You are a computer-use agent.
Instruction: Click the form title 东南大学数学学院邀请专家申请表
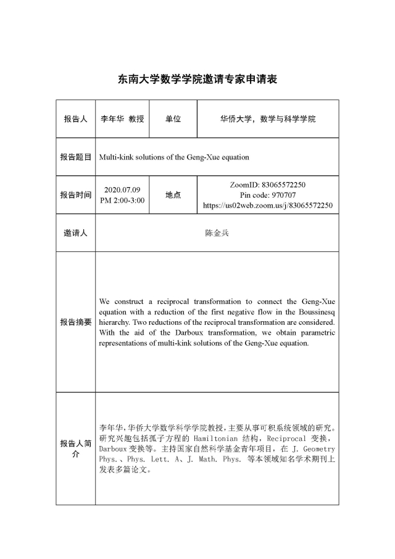(x=197, y=79)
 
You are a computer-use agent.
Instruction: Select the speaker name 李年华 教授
(x=122, y=119)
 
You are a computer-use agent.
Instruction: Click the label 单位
(x=173, y=119)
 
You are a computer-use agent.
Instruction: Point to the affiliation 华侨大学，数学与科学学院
(x=267, y=119)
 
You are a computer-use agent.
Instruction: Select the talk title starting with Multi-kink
(x=174, y=157)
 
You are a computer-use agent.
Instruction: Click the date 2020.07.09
(x=122, y=190)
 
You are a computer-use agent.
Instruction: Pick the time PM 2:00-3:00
(x=122, y=200)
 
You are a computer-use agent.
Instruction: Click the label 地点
(x=173, y=195)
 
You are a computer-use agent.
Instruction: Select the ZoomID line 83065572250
(x=267, y=185)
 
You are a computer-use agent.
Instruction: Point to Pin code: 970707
(x=267, y=195)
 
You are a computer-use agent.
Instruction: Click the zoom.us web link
(x=267, y=205)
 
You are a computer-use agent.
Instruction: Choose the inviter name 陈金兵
(x=217, y=233)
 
